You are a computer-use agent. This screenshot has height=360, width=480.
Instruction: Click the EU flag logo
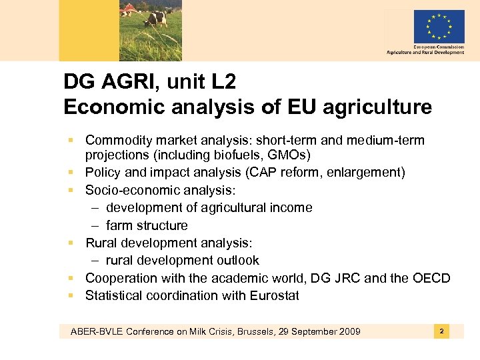439,27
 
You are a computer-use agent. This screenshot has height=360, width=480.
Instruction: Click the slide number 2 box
441,331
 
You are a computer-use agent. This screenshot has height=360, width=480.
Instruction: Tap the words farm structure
147,225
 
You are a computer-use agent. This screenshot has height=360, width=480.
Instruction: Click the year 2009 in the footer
347,331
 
